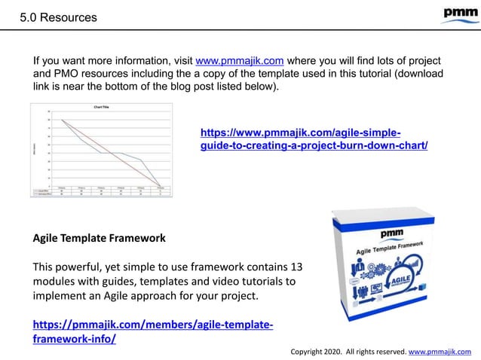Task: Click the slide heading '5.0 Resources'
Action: (x=58, y=17)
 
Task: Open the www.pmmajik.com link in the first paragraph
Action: (x=239, y=60)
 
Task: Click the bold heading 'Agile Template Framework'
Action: (x=99, y=239)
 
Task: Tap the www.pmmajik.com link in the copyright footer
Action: (x=440, y=351)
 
